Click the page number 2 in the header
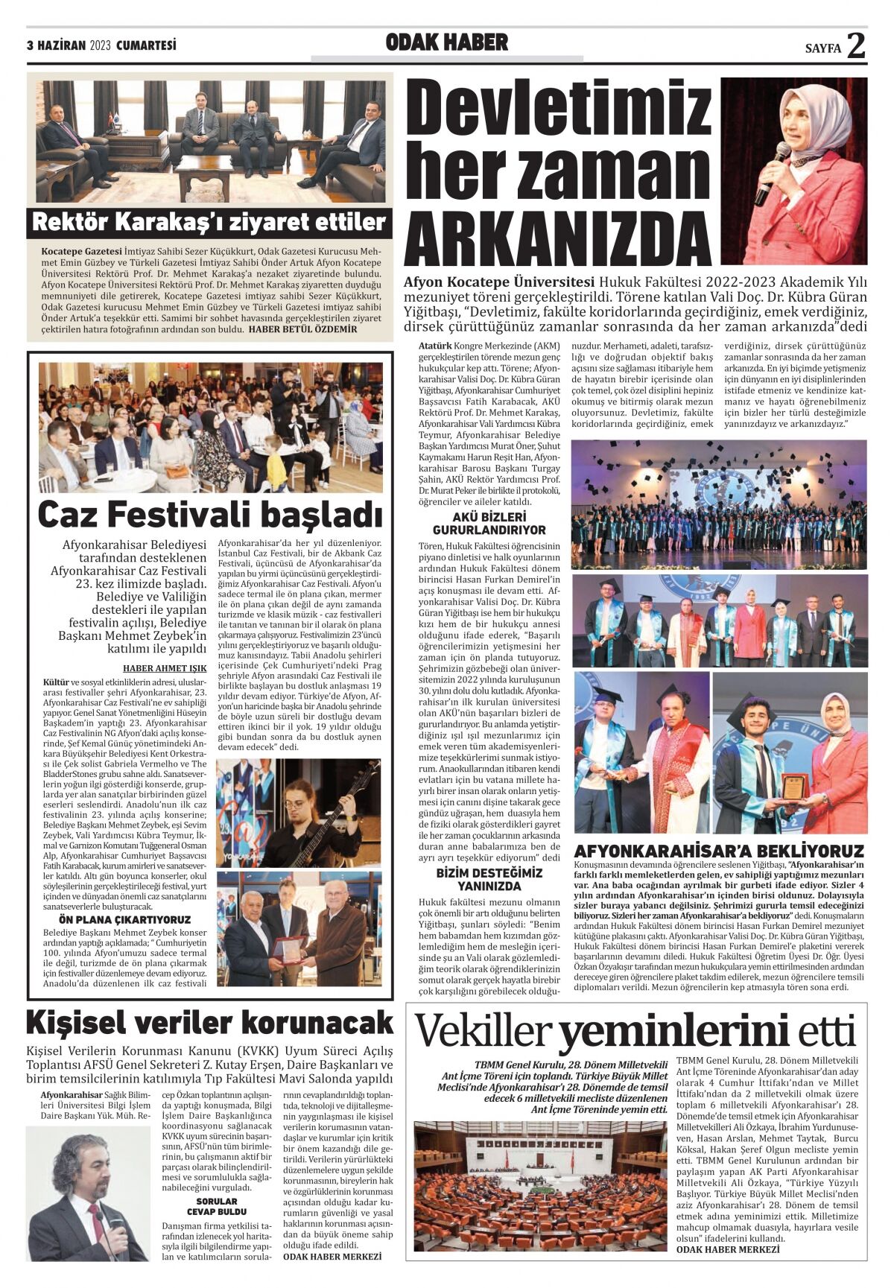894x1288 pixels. point(857,45)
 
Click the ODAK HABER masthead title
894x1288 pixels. point(446,43)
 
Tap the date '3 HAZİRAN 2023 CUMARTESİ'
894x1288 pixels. point(101,46)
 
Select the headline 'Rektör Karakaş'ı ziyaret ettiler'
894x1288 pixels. point(209,222)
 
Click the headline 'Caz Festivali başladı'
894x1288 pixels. point(210,514)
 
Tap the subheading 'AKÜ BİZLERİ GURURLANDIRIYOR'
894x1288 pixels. point(489,524)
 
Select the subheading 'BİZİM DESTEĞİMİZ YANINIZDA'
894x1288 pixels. point(489,880)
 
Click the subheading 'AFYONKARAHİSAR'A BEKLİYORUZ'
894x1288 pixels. point(719,851)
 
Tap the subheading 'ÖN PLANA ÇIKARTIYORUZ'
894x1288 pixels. point(127,919)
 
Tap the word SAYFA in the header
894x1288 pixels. point(822,49)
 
